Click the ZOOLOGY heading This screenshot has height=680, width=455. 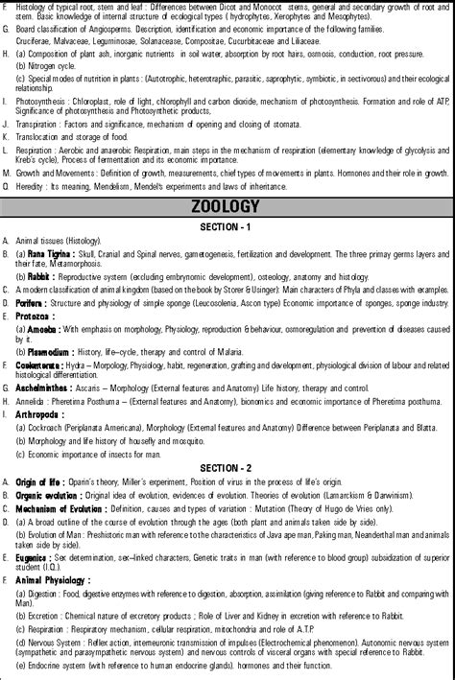(x=227, y=206)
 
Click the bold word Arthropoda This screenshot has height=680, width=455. (x=37, y=413)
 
